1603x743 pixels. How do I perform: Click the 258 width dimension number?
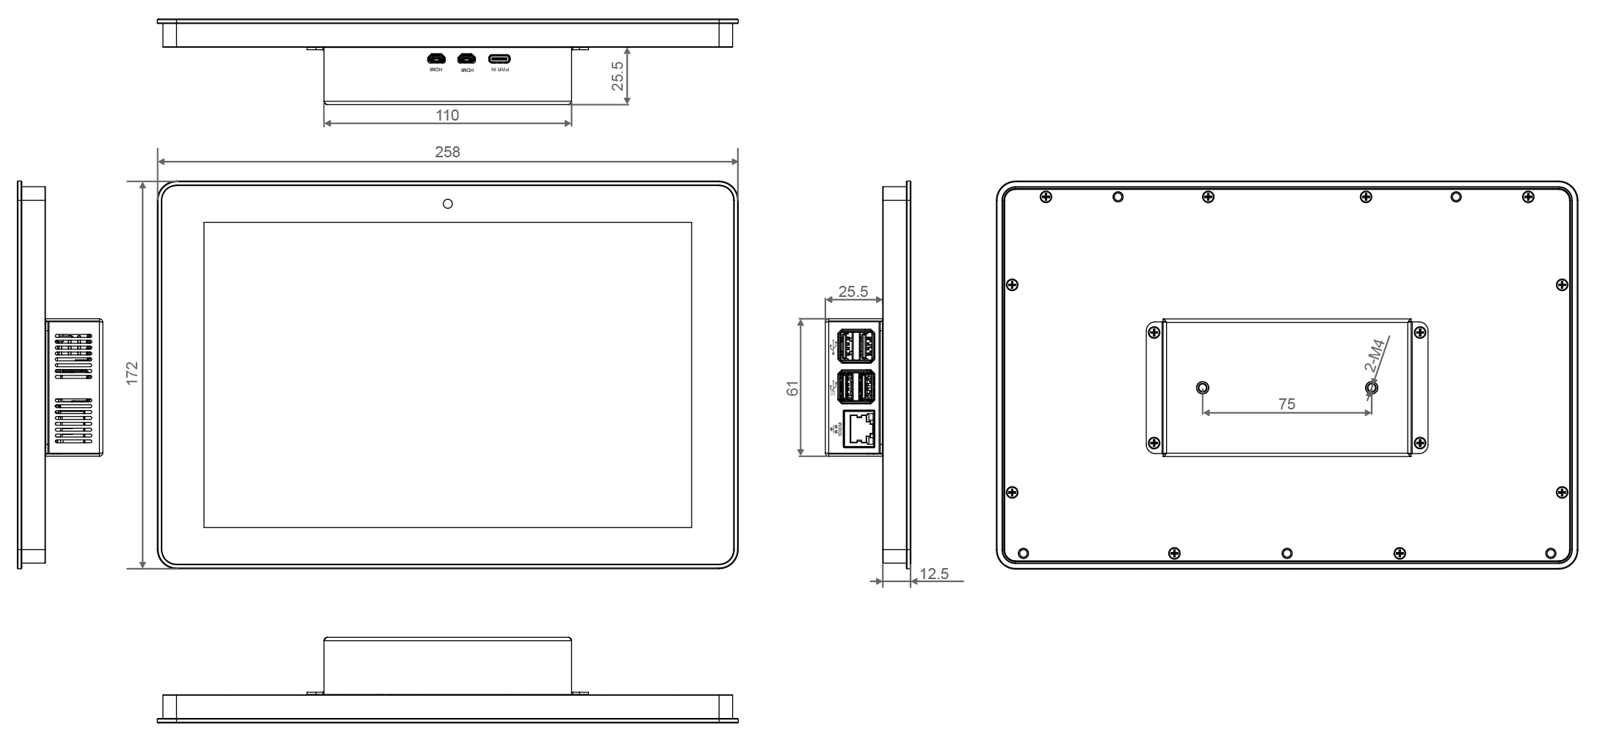[x=447, y=152]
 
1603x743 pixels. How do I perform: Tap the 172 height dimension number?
[x=132, y=373]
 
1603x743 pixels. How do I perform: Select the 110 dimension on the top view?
[x=447, y=115]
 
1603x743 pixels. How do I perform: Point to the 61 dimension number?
[x=793, y=388]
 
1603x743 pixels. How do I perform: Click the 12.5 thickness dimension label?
[x=934, y=573]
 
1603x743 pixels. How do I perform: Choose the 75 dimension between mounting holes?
[x=1287, y=403]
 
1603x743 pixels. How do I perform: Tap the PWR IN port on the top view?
[x=500, y=58]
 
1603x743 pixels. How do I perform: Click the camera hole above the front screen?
[x=448, y=204]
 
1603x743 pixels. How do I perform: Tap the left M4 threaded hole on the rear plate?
[x=1203, y=387]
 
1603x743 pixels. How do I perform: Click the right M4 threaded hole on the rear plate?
[x=1371, y=387]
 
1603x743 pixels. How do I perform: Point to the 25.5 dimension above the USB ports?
[x=853, y=291]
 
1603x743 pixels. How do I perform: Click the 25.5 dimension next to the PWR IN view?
[x=618, y=76]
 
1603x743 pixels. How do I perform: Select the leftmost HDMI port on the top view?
[x=435, y=58]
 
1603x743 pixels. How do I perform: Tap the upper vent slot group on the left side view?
[x=73, y=357]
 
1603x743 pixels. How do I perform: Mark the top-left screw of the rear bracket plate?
[x=1154, y=332]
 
